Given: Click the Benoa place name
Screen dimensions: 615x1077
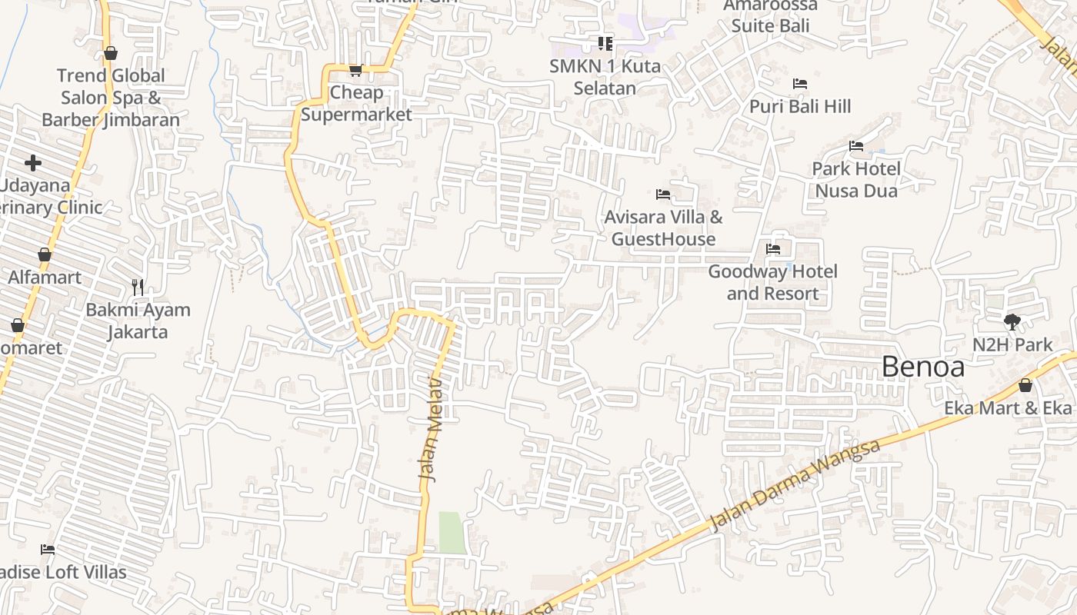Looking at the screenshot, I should [922, 367].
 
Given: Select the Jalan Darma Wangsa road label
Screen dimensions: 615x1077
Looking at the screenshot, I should [794, 486].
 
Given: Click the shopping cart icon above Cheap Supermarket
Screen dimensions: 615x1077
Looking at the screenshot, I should [355, 71].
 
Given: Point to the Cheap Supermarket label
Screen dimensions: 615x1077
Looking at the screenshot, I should [356, 104].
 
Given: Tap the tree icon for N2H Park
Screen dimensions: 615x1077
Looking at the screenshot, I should [1012, 322].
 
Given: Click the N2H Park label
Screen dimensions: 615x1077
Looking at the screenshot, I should [1012, 345].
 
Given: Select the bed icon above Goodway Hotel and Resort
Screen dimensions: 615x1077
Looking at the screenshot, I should [773, 249].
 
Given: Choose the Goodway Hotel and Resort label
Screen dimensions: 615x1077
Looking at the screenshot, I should [772, 283].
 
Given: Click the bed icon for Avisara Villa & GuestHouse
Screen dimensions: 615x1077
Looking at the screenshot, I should [663, 194].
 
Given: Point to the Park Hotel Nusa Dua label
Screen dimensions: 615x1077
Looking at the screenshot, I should [856, 179].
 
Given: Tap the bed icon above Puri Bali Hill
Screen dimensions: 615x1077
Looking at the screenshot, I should [800, 84].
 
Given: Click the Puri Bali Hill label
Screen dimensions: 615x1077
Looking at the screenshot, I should [800, 106].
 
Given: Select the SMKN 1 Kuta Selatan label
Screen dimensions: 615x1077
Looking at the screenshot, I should [605, 77].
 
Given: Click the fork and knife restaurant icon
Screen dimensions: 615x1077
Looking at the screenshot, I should [138, 288].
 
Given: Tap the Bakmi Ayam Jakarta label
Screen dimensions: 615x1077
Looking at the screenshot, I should [138, 321].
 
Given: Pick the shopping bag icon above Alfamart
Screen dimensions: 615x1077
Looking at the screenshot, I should [45, 254].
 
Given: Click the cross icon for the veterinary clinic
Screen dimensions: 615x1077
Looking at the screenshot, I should [33, 163].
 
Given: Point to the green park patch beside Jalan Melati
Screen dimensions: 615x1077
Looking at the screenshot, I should [452, 532].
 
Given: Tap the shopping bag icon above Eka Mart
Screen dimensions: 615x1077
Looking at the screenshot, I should [1025, 385].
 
